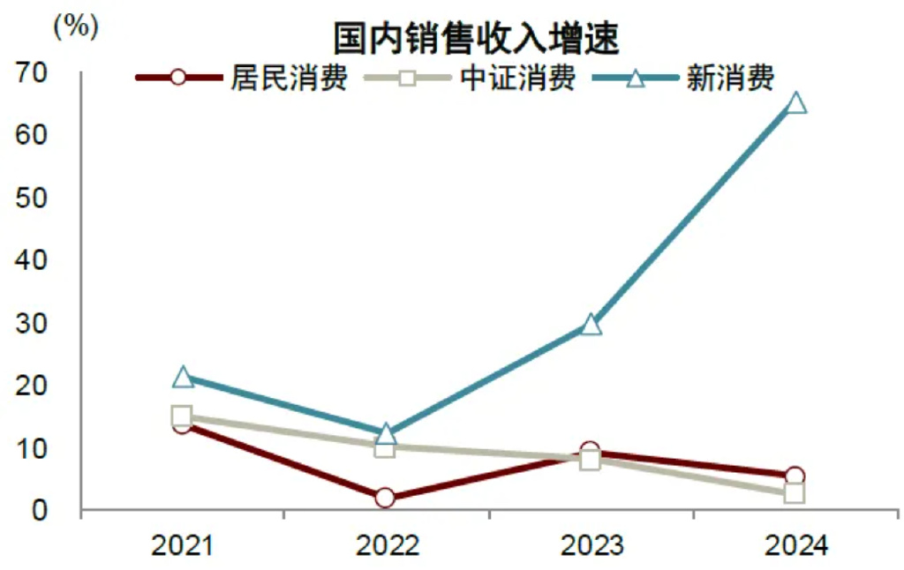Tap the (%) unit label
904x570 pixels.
tap(75, 26)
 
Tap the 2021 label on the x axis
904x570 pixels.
tap(182, 547)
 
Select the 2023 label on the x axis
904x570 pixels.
tap(591, 547)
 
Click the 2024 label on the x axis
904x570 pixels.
tap(795, 547)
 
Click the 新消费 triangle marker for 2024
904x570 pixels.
tap(795, 103)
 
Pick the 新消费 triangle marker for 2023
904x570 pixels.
tap(591, 325)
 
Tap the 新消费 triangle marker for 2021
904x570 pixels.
tap(183, 378)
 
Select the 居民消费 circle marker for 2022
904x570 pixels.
tap(385, 499)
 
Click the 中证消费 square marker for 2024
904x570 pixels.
tap(795, 493)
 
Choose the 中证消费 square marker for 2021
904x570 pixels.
tap(182, 416)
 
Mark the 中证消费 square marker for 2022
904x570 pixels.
tap(385, 447)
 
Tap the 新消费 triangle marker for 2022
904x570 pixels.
tap(386, 433)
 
